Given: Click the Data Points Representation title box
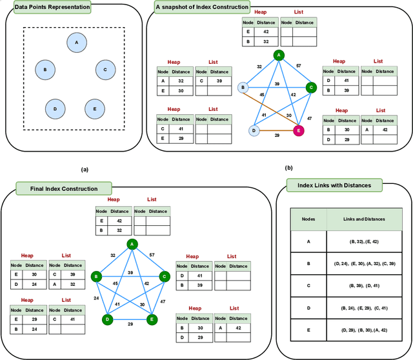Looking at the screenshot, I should tap(48, 8).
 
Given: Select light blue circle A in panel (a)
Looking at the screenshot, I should tap(77, 43).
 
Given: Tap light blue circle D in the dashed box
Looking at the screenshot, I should tap(55, 109).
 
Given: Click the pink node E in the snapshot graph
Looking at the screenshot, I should tap(299, 131).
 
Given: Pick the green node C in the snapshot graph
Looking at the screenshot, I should tap(310, 87).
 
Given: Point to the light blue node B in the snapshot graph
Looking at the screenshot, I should tap(243, 87).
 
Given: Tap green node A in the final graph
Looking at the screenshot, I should tap(132, 244).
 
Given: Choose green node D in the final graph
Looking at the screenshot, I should tap(108, 319).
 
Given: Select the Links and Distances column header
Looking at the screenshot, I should tap(365, 219).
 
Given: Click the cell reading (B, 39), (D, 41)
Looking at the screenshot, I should tap(365, 286).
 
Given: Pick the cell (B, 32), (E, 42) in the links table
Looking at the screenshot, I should tap(365, 242).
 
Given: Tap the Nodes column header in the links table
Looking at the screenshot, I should tap(308, 219).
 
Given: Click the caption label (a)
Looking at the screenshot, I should tap(83, 169).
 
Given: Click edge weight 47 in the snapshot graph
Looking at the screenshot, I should tap(310, 119).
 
